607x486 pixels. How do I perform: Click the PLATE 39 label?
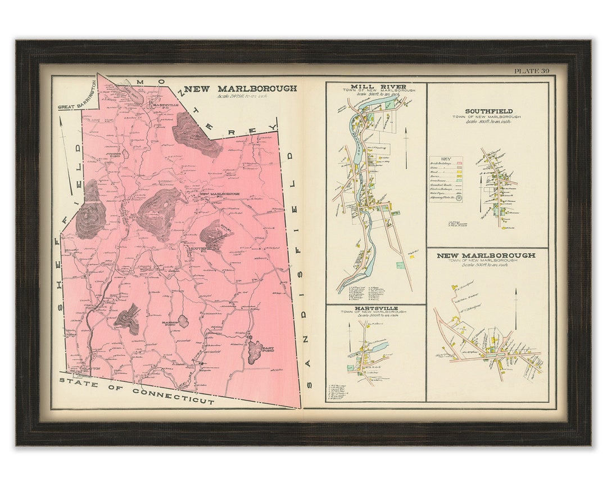(x=531, y=71)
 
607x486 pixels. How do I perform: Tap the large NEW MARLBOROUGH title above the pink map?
(x=241, y=88)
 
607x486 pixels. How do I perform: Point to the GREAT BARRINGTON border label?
(x=77, y=104)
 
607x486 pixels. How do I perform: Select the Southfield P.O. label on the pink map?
(x=200, y=248)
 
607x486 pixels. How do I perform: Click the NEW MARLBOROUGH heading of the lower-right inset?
(x=486, y=255)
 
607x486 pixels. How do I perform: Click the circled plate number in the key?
(x=459, y=198)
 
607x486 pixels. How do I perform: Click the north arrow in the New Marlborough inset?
(x=515, y=308)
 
